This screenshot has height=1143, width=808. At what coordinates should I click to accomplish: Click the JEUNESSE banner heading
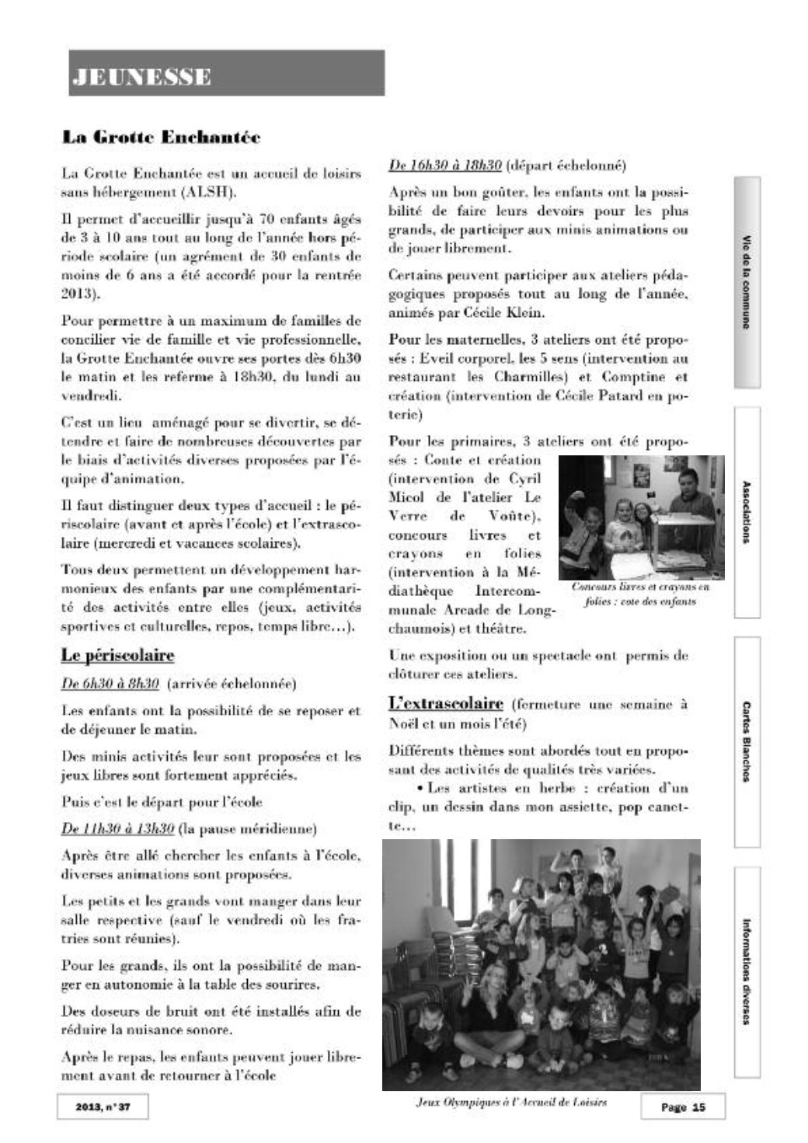[141, 76]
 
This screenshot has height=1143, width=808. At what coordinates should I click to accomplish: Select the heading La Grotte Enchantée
[161, 138]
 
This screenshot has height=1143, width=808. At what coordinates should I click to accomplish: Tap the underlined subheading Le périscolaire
[117, 655]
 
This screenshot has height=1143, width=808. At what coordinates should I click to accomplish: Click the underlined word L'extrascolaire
[445, 704]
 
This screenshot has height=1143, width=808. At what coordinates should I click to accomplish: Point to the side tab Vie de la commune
[746, 283]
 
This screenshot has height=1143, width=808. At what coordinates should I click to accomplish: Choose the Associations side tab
[746, 512]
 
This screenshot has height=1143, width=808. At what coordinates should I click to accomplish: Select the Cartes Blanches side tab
[746, 742]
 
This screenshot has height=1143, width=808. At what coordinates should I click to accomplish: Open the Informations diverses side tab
[746, 972]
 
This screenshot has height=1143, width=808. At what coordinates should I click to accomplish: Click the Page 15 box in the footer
[682, 1106]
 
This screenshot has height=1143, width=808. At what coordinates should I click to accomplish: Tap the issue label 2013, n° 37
[103, 1106]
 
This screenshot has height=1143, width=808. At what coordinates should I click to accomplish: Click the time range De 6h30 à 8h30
[110, 685]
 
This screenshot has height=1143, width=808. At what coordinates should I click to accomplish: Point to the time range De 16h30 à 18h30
[444, 165]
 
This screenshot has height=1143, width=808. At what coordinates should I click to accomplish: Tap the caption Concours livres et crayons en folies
[640, 594]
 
